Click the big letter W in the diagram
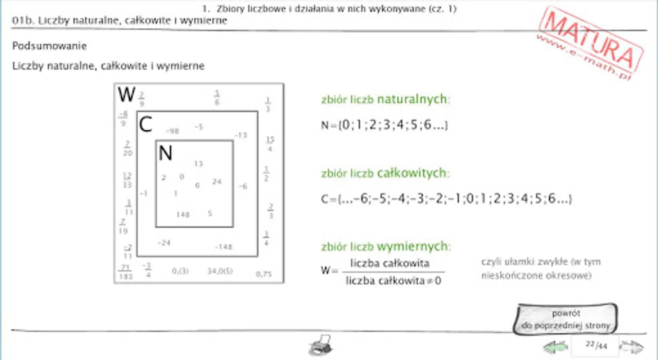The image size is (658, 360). (x=126, y=95)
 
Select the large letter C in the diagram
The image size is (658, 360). (x=146, y=124)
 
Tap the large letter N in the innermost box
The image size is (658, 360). (x=165, y=153)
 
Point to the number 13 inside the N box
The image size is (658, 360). (x=198, y=164)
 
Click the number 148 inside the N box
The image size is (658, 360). (x=183, y=215)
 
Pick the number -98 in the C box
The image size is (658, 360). (x=172, y=131)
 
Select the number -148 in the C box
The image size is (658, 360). (x=223, y=247)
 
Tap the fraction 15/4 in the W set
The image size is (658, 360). (x=270, y=144)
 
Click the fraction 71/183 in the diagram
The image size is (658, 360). (x=126, y=272)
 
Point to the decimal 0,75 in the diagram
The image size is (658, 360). (x=263, y=274)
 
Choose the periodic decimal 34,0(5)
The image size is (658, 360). (x=220, y=271)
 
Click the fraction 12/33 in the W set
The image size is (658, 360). (x=127, y=180)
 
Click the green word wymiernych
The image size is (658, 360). (x=413, y=246)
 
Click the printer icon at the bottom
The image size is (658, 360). (x=321, y=345)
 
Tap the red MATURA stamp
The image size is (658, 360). (x=591, y=42)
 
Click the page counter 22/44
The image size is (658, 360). (x=596, y=345)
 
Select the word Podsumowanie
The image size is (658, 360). (x=50, y=46)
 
